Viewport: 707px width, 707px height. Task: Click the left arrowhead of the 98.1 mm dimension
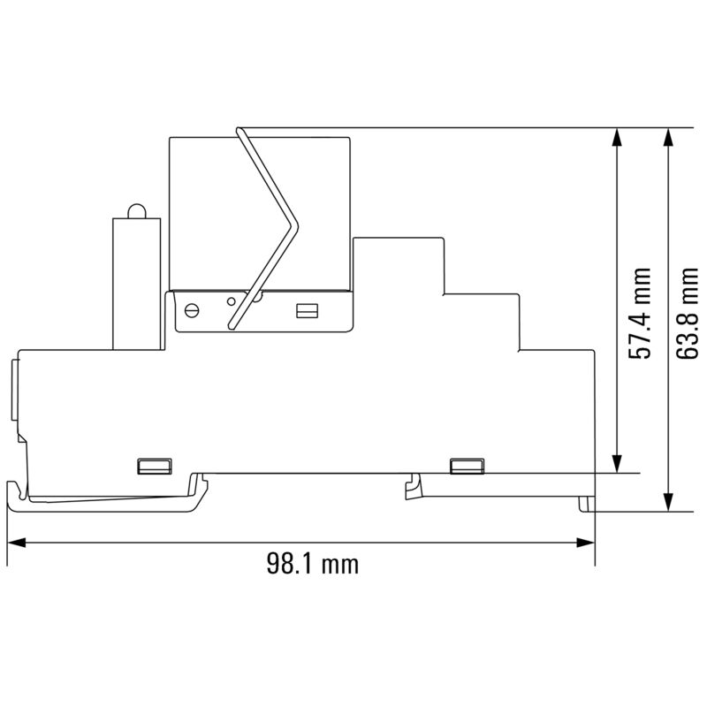coord(16,542)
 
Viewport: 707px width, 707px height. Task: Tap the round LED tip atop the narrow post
coord(136,210)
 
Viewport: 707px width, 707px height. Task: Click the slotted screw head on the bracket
coord(192,309)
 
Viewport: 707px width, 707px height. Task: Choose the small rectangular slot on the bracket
coord(307,310)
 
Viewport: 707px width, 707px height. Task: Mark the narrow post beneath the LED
coord(136,283)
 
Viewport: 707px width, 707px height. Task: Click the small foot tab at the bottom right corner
coord(585,503)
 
